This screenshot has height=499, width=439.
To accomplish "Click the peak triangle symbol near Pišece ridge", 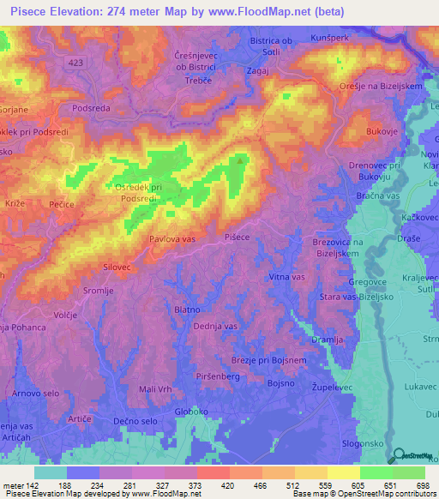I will (x=240, y=159).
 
